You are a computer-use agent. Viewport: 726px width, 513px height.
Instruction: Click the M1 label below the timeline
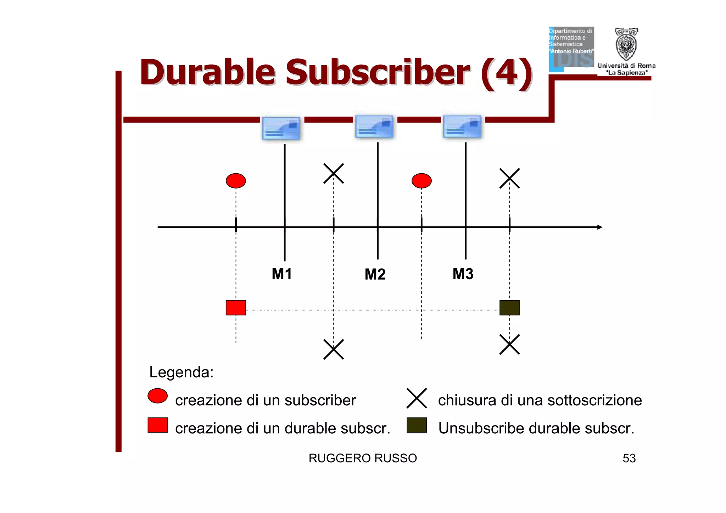click(282, 274)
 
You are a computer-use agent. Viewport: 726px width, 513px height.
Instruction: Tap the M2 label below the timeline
click(375, 274)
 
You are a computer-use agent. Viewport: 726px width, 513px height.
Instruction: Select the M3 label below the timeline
click(463, 274)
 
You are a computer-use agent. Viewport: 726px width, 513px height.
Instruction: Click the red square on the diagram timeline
click(236, 308)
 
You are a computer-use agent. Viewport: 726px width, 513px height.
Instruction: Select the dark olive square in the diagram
click(509, 308)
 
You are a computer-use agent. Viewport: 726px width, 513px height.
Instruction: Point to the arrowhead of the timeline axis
click(599, 227)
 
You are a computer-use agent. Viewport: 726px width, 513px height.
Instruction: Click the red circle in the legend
click(157, 396)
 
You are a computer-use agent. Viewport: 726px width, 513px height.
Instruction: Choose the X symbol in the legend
click(417, 398)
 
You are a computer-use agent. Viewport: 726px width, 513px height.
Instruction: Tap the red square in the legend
click(157, 425)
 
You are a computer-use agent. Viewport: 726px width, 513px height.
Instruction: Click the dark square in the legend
click(417, 425)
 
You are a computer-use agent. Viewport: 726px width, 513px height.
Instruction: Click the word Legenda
click(181, 372)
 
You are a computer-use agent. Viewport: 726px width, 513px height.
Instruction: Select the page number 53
click(629, 458)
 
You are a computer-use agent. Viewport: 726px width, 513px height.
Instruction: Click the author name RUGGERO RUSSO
click(363, 458)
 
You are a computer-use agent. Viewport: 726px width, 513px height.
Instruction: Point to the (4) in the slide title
click(506, 73)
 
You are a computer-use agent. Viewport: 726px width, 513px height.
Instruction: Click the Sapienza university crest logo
click(626, 44)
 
